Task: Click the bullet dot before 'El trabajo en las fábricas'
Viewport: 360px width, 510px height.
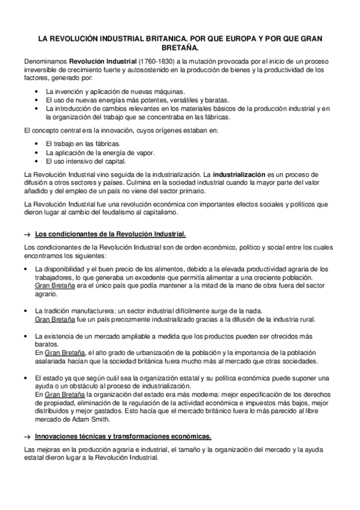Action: click(38, 144)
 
